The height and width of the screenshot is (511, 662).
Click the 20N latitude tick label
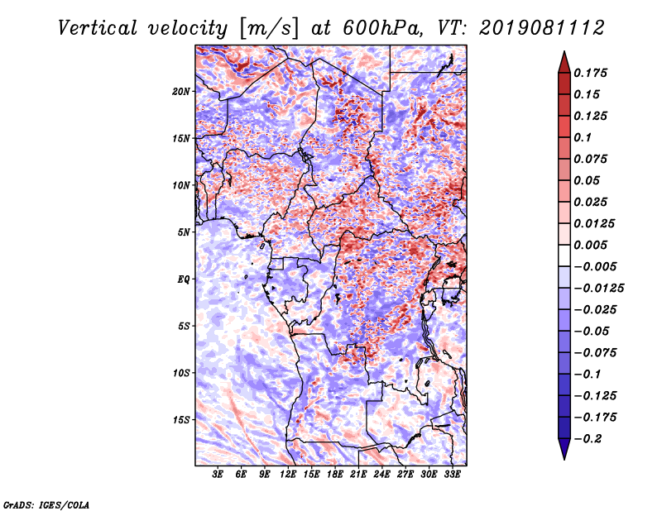click(181, 91)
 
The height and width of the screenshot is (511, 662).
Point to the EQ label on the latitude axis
click(184, 279)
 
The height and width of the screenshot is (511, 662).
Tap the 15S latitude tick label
click(181, 420)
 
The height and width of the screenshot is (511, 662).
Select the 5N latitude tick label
click(184, 232)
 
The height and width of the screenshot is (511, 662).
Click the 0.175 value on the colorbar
click(592, 73)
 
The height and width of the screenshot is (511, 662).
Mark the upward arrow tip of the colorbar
click(563, 54)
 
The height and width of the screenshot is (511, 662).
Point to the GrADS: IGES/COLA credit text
click(46, 504)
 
